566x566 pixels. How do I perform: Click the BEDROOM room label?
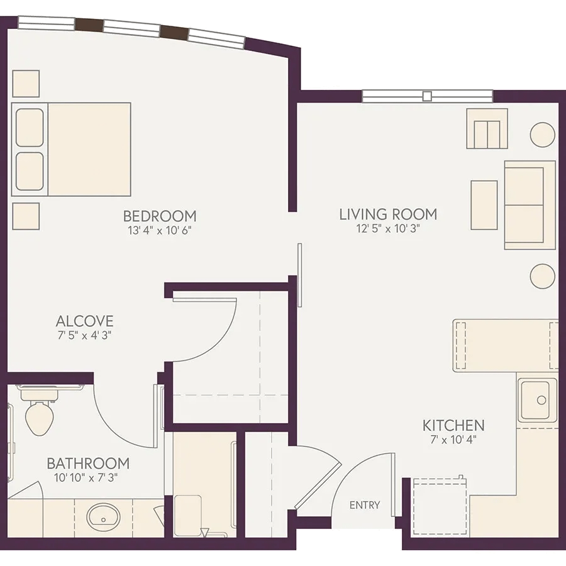[160, 216]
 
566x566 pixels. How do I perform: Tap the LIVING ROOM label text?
[388, 214]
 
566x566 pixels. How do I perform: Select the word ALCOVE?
[85, 321]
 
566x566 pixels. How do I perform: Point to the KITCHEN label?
[453, 426]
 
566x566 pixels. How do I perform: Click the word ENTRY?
[365, 504]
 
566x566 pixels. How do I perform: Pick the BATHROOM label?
[88, 463]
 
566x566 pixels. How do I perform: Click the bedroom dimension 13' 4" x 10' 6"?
[160, 230]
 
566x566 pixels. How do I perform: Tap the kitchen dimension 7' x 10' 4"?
[453, 440]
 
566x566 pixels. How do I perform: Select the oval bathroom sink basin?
[103, 517]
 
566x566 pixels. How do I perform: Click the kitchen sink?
[538, 400]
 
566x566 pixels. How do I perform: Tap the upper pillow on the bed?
[30, 128]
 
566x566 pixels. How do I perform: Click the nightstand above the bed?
[26, 84]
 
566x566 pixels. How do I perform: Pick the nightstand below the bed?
[26, 216]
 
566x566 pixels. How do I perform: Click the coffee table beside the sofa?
[484, 205]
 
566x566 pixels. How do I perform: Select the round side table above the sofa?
[542, 135]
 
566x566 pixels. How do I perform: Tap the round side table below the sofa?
[542, 276]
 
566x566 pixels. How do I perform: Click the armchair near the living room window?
[487, 128]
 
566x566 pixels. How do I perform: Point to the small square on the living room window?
[427, 96]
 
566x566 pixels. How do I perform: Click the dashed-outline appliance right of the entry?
[440, 506]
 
